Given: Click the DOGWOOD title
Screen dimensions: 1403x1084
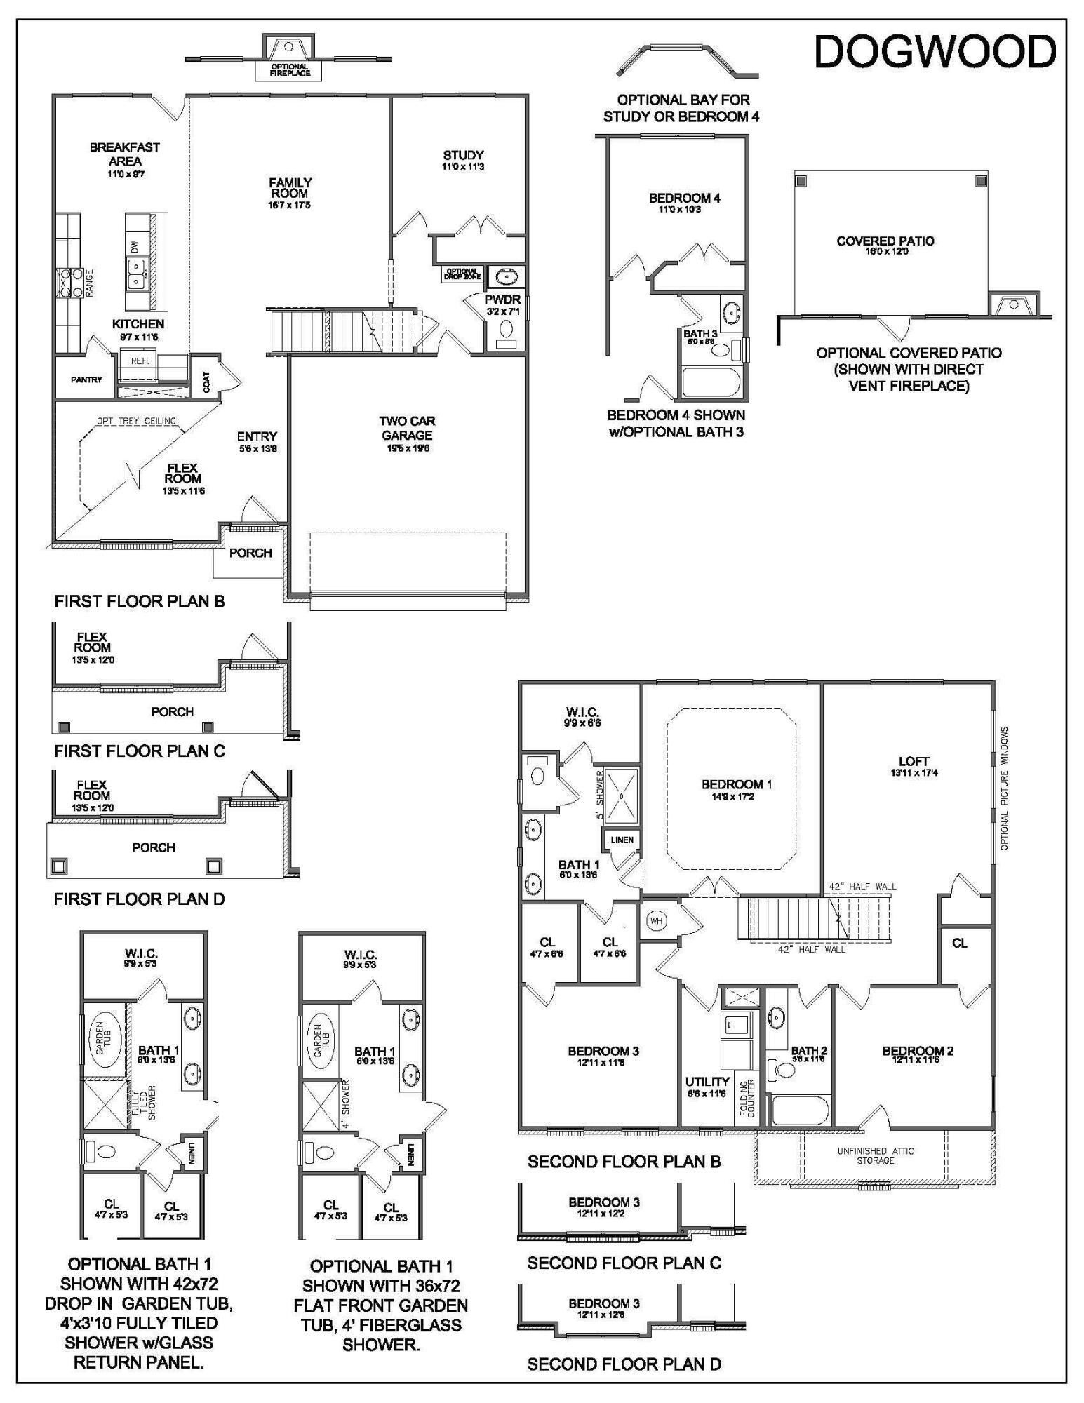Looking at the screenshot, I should pos(935,53).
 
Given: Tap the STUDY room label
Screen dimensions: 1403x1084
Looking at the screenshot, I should pos(463,156).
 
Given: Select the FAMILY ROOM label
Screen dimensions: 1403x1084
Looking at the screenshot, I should pos(290,188).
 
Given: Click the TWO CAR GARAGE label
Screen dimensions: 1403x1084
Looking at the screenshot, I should pos(407,428).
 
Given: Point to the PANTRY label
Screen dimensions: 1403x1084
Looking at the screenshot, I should pos(86,380).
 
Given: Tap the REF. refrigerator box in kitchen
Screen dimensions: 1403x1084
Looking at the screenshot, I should pos(139,361).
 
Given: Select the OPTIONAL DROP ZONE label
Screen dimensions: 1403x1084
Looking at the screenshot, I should pos(462,274).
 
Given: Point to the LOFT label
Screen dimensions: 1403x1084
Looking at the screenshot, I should pos(914,761).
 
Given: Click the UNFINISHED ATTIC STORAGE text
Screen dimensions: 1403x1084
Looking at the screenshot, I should pos(875,1155).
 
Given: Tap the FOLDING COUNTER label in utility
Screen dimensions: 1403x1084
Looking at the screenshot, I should pos(746,1099).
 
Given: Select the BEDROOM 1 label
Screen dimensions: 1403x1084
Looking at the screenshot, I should pos(732,784).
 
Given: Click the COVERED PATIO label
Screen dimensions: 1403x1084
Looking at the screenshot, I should pos(885,241).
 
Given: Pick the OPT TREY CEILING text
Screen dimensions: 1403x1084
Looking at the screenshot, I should pos(136,422).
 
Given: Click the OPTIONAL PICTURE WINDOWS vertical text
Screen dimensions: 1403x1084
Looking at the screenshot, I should pos(1004,789).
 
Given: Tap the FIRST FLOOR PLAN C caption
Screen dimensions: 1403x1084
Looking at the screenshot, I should pos(139,751).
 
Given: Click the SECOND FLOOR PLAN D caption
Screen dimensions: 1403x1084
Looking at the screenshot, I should pos(624,1364).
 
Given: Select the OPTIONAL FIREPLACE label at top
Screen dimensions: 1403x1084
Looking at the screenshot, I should pos(290,69).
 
